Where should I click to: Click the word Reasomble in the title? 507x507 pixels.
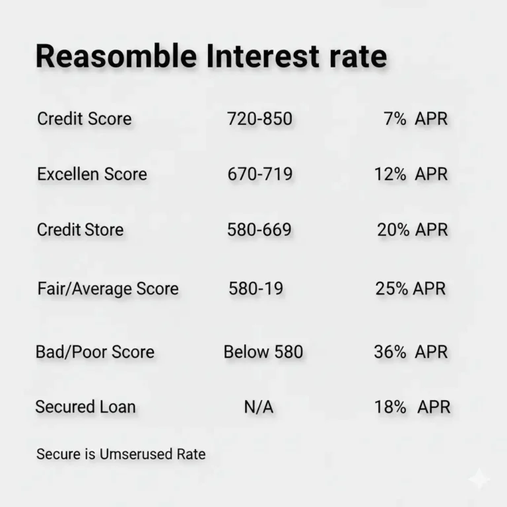pyautogui.click(x=116, y=57)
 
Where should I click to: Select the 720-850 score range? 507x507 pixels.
pyautogui.click(x=259, y=119)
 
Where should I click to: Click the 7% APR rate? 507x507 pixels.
pyautogui.click(x=415, y=119)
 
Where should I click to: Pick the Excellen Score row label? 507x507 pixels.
pyautogui.click(x=92, y=174)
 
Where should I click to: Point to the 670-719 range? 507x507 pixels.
pyautogui.click(x=259, y=174)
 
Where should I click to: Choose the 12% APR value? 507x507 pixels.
pyautogui.click(x=410, y=174)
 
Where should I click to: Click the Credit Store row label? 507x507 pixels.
pyautogui.click(x=80, y=230)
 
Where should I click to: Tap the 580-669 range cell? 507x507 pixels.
pyautogui.click(x=259, y=230)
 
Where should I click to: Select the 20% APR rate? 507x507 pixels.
pyautogui.click(x=412, y=230)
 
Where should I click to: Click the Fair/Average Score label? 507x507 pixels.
pyautogui.click(x=108, y=288)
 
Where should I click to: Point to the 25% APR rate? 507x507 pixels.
pyautogui.click(x=411, y=288)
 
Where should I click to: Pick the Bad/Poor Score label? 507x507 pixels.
pyautogui.click(x=94, y=351)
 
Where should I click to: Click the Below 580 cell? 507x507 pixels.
pyautogui.click(x=263, y=351)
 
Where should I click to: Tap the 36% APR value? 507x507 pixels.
pyautogui.click(x=410, y=351)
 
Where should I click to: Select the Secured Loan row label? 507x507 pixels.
pyautogui.click(x=85, y=407)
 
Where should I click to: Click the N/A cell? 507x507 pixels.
pyautogui.click(x=259, y=407)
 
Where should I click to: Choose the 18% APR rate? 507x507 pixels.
pyautogui.click(x=412, y=407)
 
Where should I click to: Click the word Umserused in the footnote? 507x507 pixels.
pyautogui.click(x=135, y=454)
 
